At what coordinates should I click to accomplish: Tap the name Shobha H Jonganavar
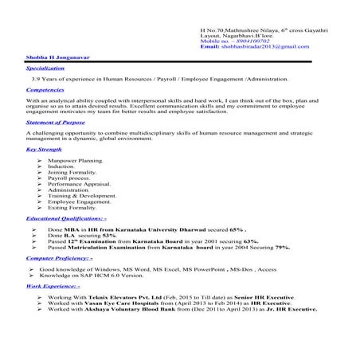click(x=53, y=57)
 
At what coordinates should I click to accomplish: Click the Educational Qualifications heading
click(x=66, y=217)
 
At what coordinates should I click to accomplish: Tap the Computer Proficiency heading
click(x=59, y=259)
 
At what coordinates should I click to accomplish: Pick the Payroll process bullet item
click(x=70, y=178)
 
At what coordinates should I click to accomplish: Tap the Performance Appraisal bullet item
click(x=78, y=185)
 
